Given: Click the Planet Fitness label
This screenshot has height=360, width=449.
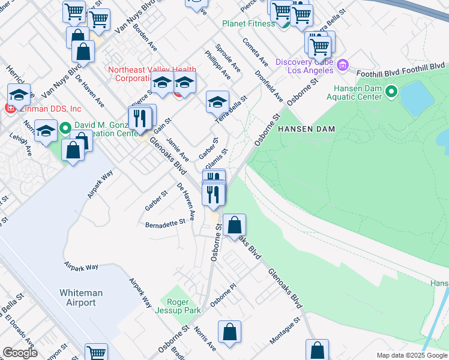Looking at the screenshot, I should pyautogui.click(x=248, y=23).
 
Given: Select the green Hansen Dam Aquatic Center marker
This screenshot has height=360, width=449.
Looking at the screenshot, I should pyautogui.click(x=391, y=92).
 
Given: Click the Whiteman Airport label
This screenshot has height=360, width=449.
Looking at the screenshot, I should pyautogui.click(x=81, y=298).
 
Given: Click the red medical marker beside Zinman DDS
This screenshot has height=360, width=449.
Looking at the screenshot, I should pyautogui.click(x=9, y=109).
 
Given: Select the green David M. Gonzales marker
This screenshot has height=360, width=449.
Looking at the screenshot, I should pyautogui.click(x=65, y=127).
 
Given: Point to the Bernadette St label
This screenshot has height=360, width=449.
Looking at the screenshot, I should pyautogui.click(x=166, y=224).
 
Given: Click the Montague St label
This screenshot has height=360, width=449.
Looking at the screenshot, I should pyautogui.click(x=284, y=332).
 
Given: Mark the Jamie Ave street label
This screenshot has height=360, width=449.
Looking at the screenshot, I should pyautogui.click(x=177, y=149).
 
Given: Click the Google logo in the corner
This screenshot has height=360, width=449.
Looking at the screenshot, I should pyautogui.click(x=20, y=353).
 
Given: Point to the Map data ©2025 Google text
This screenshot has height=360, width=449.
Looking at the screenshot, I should pyautogui.click(x=412, y=355).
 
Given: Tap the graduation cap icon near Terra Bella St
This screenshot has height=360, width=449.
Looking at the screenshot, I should pyautogui.click(x=218, y=102).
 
